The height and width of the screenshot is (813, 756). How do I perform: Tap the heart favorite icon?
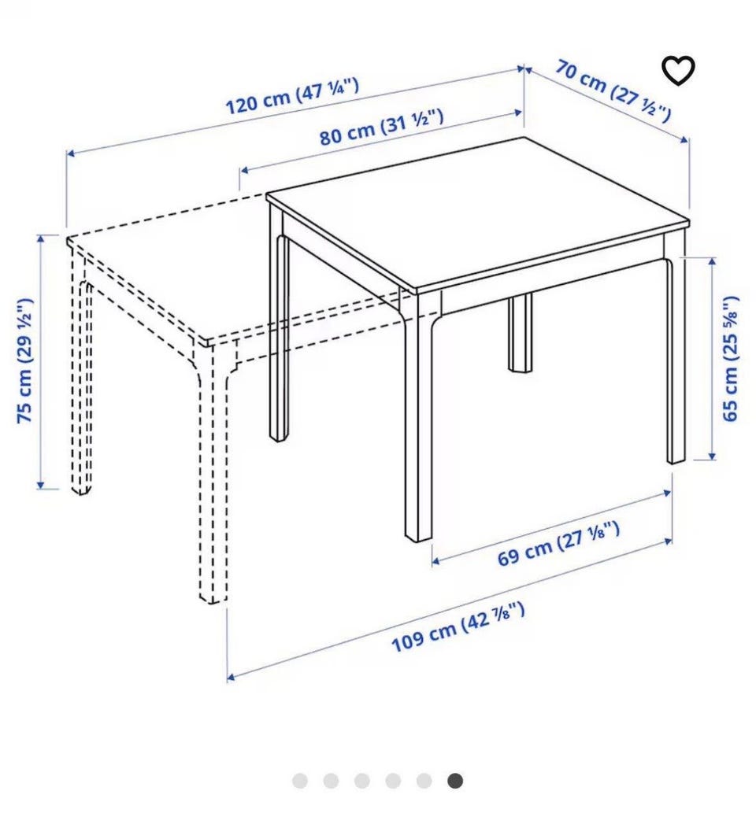click(678, 71)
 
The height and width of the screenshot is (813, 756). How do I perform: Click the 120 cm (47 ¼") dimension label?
click(292, 96)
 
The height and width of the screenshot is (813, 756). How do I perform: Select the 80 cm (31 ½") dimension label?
click(381, 127)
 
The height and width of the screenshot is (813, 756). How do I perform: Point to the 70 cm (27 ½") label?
click(613, 91)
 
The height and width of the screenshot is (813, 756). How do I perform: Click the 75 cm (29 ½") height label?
click(25, 361)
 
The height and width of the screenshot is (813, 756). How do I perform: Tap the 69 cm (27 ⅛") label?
click(558, 544)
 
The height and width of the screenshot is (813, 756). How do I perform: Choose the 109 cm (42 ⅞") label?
click(458, 626)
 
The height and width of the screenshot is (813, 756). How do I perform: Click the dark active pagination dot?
click(455, 781)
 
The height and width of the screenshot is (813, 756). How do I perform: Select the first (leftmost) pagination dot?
click(300, 781)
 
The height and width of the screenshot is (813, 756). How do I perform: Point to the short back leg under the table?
click(520, 332)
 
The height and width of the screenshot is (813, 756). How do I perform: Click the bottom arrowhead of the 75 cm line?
click(40, 485)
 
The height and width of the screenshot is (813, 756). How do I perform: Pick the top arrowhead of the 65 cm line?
click(712, 261)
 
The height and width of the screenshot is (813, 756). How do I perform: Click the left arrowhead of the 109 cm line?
click(232, 677)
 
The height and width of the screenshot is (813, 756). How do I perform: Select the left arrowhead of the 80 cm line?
click(244, 169)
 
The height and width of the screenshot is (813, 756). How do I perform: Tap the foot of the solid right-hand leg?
click(676, 460)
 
